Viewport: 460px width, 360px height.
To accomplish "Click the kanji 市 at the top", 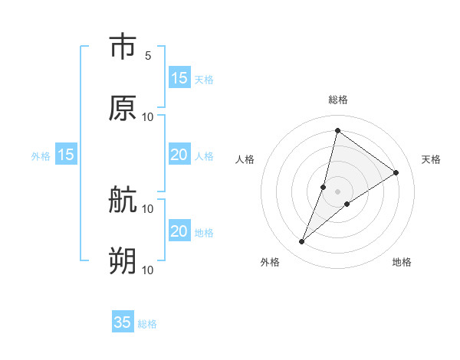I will tap(123, 47).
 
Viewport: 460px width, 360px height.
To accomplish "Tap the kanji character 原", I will tap(123, 108).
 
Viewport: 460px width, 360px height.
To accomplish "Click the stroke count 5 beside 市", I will tap(148, 56).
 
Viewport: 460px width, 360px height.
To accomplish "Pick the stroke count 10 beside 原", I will tap(148, 117).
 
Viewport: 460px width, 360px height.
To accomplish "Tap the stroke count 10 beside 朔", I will tap(148, 270).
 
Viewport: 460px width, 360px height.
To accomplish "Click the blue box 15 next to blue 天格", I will tap(179, 78).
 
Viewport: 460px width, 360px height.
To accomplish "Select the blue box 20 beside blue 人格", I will tap(179, 155).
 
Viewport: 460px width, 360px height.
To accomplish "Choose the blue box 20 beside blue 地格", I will tap(179, 231).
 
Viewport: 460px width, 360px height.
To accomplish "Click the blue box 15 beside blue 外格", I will tap(66, 155).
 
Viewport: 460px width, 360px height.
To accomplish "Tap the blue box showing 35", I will tap(123, 322).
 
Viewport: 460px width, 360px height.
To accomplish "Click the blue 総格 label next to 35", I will tap(147, 324).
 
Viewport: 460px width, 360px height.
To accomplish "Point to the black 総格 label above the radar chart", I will tap(338, 100).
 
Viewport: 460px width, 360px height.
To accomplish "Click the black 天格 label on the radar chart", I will tap(431, 159).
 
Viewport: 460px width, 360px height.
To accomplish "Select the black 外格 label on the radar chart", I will tap(270, 262).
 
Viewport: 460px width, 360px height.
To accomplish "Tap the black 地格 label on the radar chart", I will tap(402, 262).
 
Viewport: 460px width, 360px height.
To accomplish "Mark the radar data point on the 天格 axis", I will tap(396, 173).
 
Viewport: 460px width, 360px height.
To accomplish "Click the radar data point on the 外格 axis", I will tap(302, 242).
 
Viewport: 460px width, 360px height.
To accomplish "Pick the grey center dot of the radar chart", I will tap(338, 191).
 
